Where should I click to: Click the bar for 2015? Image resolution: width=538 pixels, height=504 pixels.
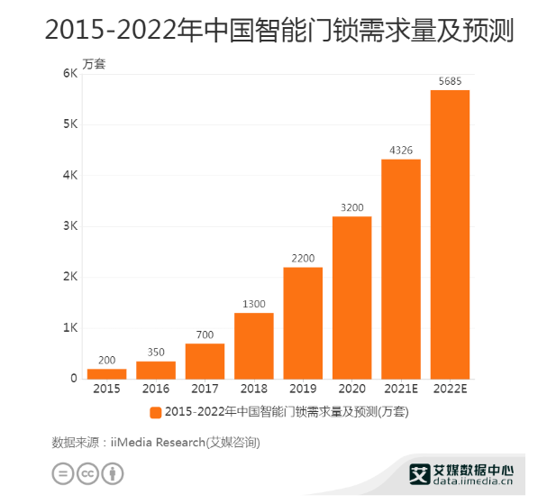(x=106, y=373)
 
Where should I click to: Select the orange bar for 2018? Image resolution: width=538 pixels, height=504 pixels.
(x=254, y=345)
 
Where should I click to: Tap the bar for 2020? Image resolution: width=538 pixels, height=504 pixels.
(x=351, y=298)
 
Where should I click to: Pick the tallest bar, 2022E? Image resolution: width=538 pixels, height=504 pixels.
(x=450, y=234)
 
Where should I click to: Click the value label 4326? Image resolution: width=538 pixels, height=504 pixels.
(x=401, y=150)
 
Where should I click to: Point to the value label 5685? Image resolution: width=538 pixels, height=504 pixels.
(x=450, y=81)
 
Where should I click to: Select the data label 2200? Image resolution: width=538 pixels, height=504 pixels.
(x=303, y=259)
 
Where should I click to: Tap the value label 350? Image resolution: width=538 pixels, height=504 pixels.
(x=156, y=353)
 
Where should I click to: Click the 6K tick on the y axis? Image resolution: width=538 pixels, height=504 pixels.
(x=69, y=73)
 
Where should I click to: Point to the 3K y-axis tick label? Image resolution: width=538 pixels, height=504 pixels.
(x=69, y=225)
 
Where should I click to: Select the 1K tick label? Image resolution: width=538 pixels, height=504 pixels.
(x=69, y=327)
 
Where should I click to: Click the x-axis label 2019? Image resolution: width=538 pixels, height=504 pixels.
(x=303, y=389)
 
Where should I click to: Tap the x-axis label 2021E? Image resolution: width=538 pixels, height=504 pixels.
(x=401, y=389)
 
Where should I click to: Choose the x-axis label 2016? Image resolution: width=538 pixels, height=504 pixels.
(x=156, y=389)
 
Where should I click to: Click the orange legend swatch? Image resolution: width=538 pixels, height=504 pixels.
(x=156, y=412)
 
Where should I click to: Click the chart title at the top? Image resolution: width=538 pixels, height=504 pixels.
(x=269, y=31)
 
